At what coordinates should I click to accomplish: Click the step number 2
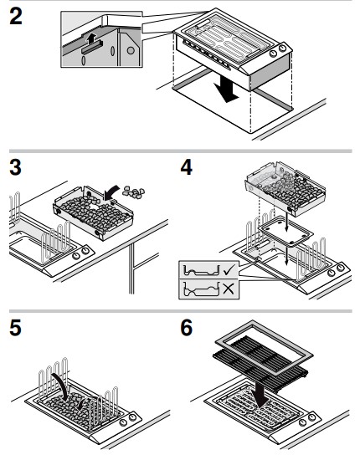click(x=16, y=16)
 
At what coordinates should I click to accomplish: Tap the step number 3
click(x=15, y=167)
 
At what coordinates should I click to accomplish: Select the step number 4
click(x=187, y=167)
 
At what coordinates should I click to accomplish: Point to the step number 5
click(x=15, y=328)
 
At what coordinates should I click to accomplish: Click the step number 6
click(x=187, y=328)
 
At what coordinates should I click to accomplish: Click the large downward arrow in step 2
click(x=226, y=86)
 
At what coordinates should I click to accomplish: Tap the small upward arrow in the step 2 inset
click(x=91, y=38)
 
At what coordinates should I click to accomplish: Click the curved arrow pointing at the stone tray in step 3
click(x=111, y=192)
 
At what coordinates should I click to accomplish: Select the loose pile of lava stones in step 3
click(x=134, y=192)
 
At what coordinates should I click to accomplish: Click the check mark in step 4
click(x=229, y=270)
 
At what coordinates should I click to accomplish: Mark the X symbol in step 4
click(x=229, y=289)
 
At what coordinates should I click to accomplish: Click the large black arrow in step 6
click(x=260, y=392)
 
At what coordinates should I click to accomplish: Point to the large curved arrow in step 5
click(x=61, y=383)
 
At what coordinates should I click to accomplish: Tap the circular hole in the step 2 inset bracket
click(x=131, y=50)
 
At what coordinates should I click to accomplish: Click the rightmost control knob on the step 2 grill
click(x=282, y=49)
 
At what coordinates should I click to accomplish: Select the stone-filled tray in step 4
click(x=285, y=189)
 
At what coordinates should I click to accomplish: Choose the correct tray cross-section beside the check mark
click(x=201, y=270)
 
